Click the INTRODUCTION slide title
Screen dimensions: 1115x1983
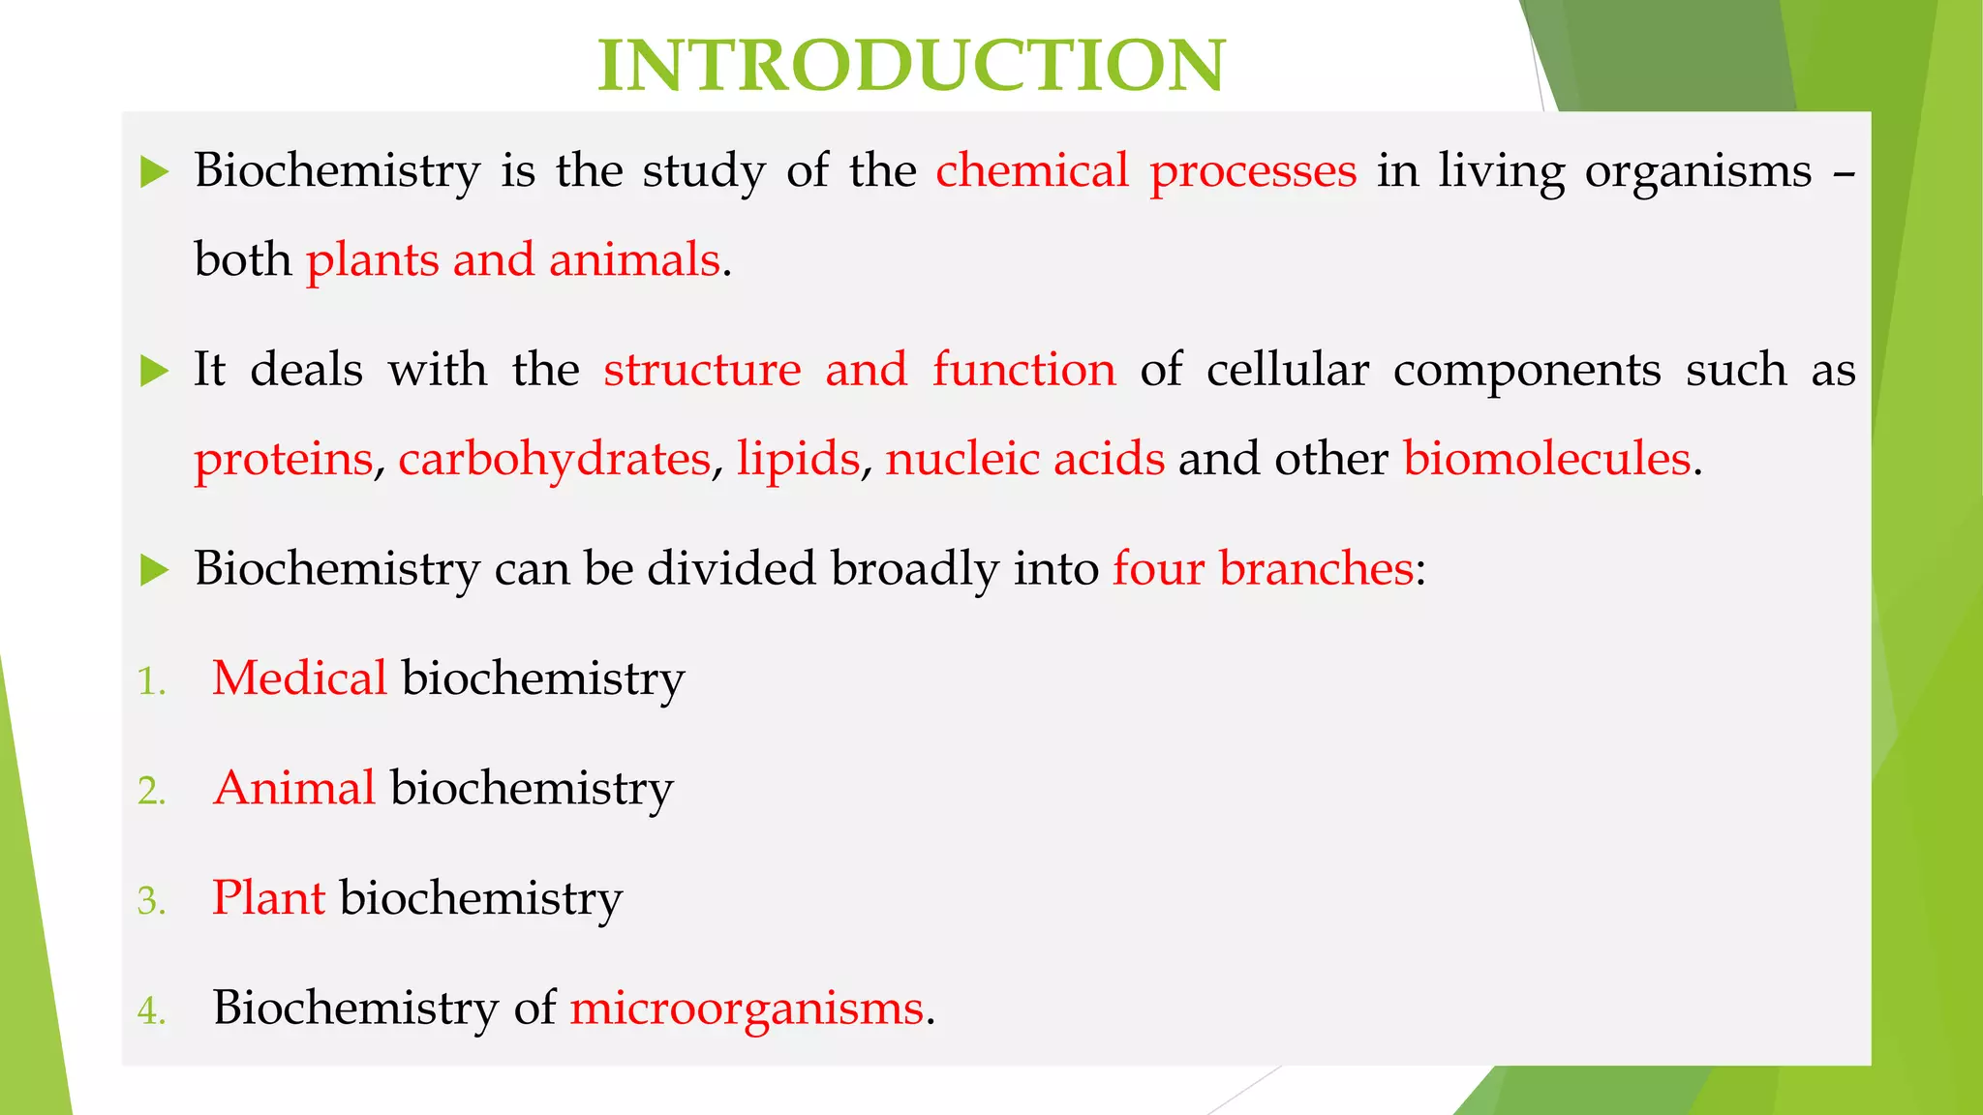pyautogui.click(x=911, y=66)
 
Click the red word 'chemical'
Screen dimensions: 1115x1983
pyautogui.click(x=1032, y=171)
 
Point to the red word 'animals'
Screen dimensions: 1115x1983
pyautogui.click(x=634, y=260)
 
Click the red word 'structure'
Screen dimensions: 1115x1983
pyautogui.click(x=702, y=371)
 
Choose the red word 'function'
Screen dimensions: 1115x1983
pyautogui.click(x=1023, y=371)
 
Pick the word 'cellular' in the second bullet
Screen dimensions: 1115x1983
pyautogui.click(x=1288, y=371)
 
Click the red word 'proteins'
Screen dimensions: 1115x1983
pyautogui.click(x=283, y=460)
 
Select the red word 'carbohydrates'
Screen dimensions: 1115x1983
pyautogui.click(x=554, y=460)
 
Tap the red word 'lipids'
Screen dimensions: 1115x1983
pyautogui.click(x=798, y=460)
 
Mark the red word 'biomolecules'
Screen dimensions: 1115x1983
pyautogui.click(x=1547, y=460)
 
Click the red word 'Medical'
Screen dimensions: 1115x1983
pyautogui.click(x=299, y=678)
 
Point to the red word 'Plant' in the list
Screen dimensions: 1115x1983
pyautogui.click(x=268, y=897)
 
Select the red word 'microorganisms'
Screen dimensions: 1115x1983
pyautogui.click(x=747, y=1009)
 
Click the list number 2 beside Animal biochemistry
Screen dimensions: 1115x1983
pyautogui.click(x=151, y=791)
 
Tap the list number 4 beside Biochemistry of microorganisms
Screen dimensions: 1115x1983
pyautogui.click(x=151, y=1010)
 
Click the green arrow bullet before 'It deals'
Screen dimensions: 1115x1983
pyautogui.click(x=155, y=371)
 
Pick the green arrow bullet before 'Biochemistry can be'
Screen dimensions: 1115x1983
pyautogui.click(x=155, y=569)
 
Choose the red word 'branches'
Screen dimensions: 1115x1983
pyautogui.click(x=1316, y=568)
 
